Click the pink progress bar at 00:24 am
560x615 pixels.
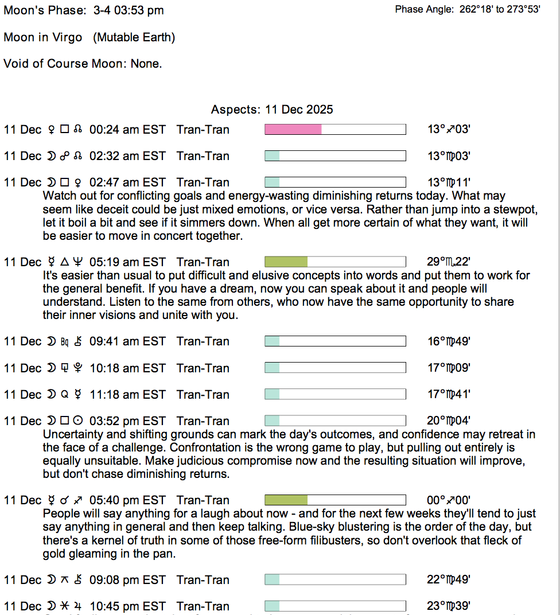click(293, 130)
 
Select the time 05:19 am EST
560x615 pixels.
click(127, 262)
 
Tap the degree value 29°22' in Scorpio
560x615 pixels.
click(449, 262)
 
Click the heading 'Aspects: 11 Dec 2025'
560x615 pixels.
click(272, 110)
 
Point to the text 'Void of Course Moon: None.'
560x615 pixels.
click(83, 64)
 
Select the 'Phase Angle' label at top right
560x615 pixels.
click(425, 10)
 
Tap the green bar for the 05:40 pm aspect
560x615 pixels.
click(286, 500)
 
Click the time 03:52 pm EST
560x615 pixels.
click(127, 421)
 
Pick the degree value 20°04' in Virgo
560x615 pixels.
click(449, 421)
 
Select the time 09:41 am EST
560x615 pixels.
click(127, 341)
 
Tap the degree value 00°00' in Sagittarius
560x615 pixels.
click(449, 500)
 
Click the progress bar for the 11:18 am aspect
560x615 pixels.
click(335, 395)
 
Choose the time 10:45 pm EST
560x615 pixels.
click(127, 606)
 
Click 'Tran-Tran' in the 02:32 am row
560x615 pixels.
click(203, 156)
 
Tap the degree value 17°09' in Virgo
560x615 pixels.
click(449, 368)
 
